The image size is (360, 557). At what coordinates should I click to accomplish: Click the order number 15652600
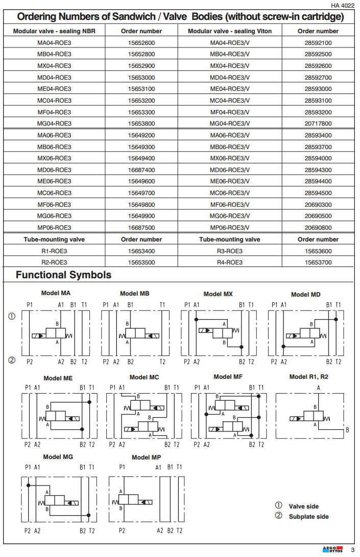(141, 42)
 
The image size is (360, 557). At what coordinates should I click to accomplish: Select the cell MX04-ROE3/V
(230, 66)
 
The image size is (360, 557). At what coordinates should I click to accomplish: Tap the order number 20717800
(318, 124)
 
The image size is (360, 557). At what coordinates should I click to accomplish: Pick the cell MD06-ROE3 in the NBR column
(54, 170)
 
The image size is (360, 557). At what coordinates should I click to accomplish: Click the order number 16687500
(141, 228)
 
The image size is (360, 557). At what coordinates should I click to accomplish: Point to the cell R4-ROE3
(230, 262)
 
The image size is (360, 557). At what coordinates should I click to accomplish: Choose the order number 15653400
(141, 251)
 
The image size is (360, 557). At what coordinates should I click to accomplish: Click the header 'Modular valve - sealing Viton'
(230, 31)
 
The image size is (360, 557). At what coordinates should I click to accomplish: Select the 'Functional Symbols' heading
(63, 275)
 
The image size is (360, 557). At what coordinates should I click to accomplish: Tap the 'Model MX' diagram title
(218, 294)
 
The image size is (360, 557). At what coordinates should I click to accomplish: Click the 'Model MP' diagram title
(146, 457)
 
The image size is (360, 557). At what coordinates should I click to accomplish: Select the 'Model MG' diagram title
(58, 457)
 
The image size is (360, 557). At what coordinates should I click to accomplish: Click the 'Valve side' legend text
(303, 506)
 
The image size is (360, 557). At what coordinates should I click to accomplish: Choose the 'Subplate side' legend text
(308, 517)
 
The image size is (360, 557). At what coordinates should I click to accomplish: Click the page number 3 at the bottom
(352, 550)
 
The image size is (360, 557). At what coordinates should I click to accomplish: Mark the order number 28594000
(318, 158)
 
